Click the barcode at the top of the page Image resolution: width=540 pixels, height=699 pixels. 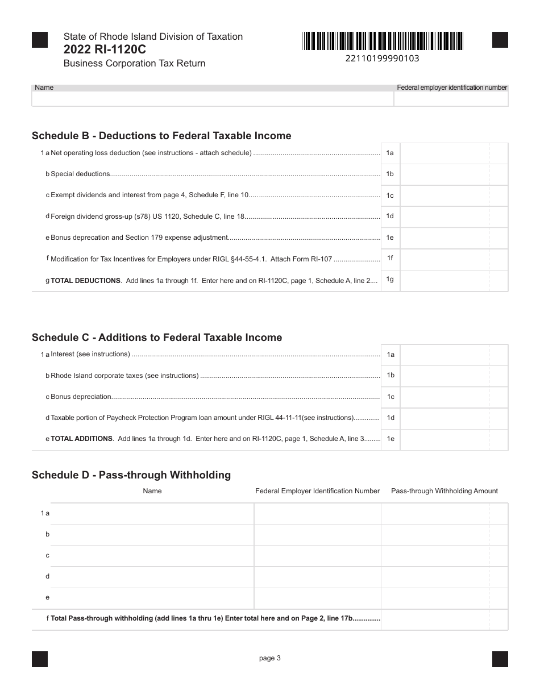click(x=383, y=41)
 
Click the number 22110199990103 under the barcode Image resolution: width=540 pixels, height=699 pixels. click(x=382, y=58)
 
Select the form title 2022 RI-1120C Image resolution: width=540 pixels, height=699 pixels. click(x=105, y=49)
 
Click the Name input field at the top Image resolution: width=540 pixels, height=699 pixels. click(x=213, y=99)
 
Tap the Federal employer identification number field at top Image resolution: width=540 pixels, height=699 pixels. click(x=451, y=99)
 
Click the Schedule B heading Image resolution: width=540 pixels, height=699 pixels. click(x=161, y=136)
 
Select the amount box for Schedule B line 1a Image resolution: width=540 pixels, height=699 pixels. click(x=445, y=153)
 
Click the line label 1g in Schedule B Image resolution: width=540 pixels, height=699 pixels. click(x=390, y=279)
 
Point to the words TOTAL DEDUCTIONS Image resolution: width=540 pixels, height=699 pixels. click(x=85, y=281)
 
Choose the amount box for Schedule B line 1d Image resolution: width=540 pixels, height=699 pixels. click(x=445, y=217)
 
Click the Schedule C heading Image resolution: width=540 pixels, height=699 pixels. click(x=157, y=338)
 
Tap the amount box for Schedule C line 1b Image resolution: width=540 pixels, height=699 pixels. click(x=445, y=376)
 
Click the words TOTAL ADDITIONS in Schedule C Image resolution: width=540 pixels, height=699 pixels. click(x=81, y=439)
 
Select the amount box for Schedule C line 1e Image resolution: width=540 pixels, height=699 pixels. click(x=445, y=439)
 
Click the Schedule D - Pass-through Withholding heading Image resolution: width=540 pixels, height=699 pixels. click(x=131, y=475)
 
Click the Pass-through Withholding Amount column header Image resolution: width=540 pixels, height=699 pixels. click(x=444, y=491)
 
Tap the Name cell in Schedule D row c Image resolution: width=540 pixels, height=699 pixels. click(x=152, y=556)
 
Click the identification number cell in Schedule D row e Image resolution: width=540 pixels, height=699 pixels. click(x=317, y=598)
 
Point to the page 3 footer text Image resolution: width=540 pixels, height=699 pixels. click(x=270, y=659)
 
